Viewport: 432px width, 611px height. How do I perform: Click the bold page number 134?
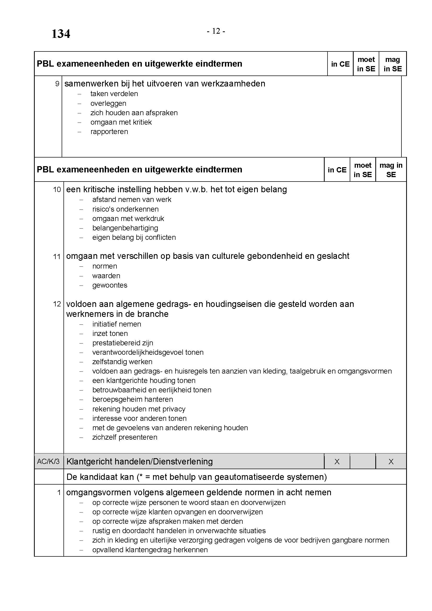coord(61,34)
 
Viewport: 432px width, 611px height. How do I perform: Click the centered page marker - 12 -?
coord(216,31)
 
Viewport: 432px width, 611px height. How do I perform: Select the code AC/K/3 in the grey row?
coord(48,461)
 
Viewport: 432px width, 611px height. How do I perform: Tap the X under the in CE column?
coord(337,461)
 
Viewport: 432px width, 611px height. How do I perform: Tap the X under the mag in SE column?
coord(391,461)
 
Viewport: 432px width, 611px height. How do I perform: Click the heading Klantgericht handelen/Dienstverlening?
coord(139,461)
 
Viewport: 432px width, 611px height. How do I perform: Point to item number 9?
coord(57,84)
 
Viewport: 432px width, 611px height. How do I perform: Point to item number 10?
coord(57,190)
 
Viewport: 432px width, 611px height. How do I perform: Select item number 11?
coord(57,257)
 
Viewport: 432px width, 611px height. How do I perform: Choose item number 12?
coord(57,304)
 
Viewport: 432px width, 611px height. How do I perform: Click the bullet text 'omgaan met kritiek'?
coord(121,122)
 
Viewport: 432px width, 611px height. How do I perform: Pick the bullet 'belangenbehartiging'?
coord(125,228)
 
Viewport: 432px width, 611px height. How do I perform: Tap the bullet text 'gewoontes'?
coord(110,285)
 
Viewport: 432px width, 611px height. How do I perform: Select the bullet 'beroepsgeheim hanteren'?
coord(132,399)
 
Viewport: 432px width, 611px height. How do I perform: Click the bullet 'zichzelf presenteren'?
coord(125,437)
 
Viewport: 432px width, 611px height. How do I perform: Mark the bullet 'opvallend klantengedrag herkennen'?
coord(150,550)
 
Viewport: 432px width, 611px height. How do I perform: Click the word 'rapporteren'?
coord(109,131)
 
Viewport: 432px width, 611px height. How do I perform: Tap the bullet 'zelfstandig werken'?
coord(122,362)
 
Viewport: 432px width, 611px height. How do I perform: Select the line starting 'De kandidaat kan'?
coord(196,477)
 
